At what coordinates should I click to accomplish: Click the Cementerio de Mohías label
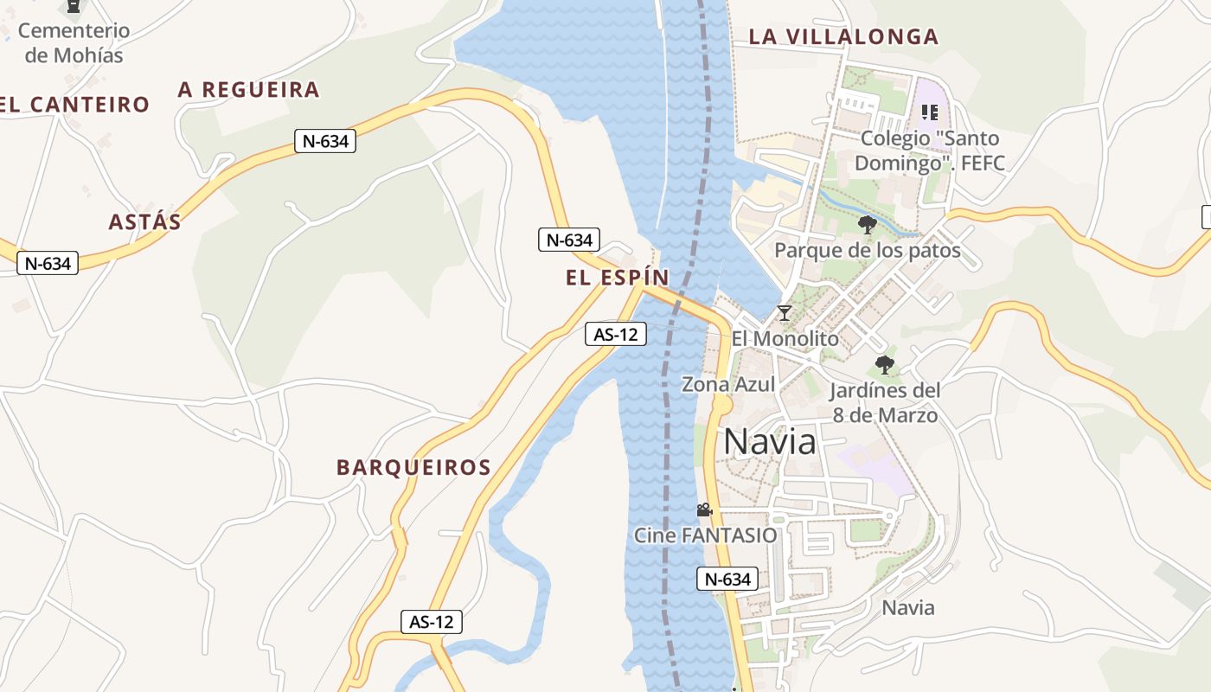tap(74, 42)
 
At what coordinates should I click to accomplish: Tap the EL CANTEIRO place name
tap(74, 105)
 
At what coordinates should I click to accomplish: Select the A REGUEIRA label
tap(249, 89)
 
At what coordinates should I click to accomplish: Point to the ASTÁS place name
tap(145, 221)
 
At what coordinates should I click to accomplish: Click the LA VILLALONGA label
tap(843, 36)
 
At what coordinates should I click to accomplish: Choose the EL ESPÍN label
tap(618, 278)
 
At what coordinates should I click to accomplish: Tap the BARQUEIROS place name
tap(413, 467)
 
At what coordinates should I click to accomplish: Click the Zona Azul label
tap(728, 384)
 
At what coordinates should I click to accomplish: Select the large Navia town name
tap(769, 441)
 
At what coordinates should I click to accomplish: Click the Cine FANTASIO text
tap(706, 535)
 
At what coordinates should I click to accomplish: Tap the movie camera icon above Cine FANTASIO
tap(704, 509)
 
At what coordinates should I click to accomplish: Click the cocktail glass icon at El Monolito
tap(785, 312)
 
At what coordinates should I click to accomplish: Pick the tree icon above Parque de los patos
tap(867, 225)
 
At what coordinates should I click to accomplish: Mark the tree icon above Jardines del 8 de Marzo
tap(884, 364)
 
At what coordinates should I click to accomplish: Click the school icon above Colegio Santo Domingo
tap(930, 112)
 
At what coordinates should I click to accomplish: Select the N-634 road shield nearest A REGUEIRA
tap(325, 141)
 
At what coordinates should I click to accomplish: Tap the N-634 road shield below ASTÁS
tap(48, 263)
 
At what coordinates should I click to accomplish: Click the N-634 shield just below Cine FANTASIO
tap(727, 579)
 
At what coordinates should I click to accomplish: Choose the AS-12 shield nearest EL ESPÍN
tap(616, 334)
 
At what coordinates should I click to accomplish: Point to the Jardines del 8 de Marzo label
tap(885, 402)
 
